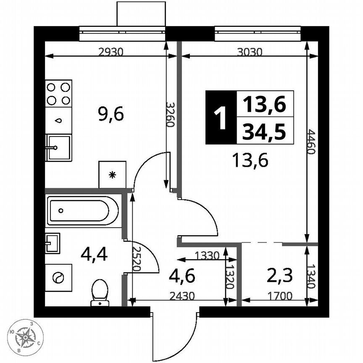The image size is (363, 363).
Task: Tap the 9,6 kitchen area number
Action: pyautogui.click(x=111, y=114)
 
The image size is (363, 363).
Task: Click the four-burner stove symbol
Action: pyautogui.click(x=58, y=93)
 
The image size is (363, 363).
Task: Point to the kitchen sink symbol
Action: pyautogui.click(x=58, y=147)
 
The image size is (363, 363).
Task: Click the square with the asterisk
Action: pyautogui.click(x=112, y=174)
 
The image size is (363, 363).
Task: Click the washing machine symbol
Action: pyautogui.click(x=58, y=277)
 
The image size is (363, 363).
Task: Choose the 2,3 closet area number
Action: pyautogui.click(x=280, y=276)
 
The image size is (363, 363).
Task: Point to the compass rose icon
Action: pyautogui.click(x=27, y=336)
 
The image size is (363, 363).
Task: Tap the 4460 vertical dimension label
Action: pyautogui.click(x=310, y=142)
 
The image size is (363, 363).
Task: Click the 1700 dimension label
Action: pyautogui.click(x=280, y=296)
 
